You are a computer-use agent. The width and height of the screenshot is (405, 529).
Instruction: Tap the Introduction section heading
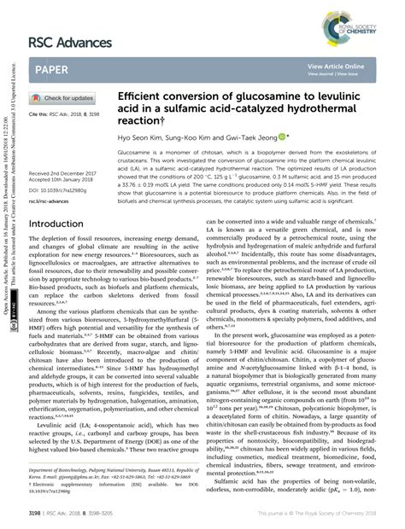(62, 225)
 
